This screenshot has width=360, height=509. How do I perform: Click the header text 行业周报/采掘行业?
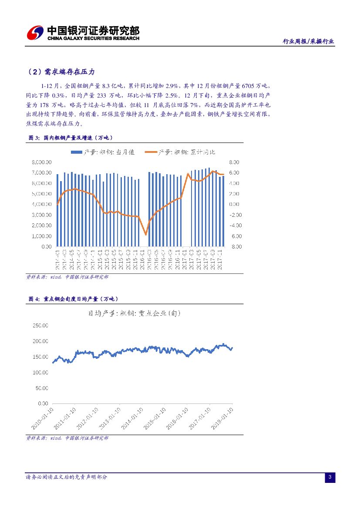point(308,41)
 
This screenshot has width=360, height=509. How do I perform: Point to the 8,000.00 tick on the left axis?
point(42,162)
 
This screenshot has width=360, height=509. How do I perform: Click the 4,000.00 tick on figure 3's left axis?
point(42,204)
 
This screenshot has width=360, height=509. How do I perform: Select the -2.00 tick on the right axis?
point(234,215)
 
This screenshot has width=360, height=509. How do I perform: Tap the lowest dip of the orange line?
point(146,234)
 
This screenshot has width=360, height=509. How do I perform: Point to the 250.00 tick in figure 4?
point(41,325)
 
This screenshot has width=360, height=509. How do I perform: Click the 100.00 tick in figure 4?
point(41,372)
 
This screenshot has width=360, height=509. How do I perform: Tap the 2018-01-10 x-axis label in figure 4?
point(223,418)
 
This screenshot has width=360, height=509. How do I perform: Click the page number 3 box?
point(330,478)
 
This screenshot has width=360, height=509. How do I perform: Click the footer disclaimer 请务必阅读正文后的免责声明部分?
point(67,477)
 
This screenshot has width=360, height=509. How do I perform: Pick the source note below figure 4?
point(67,438)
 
